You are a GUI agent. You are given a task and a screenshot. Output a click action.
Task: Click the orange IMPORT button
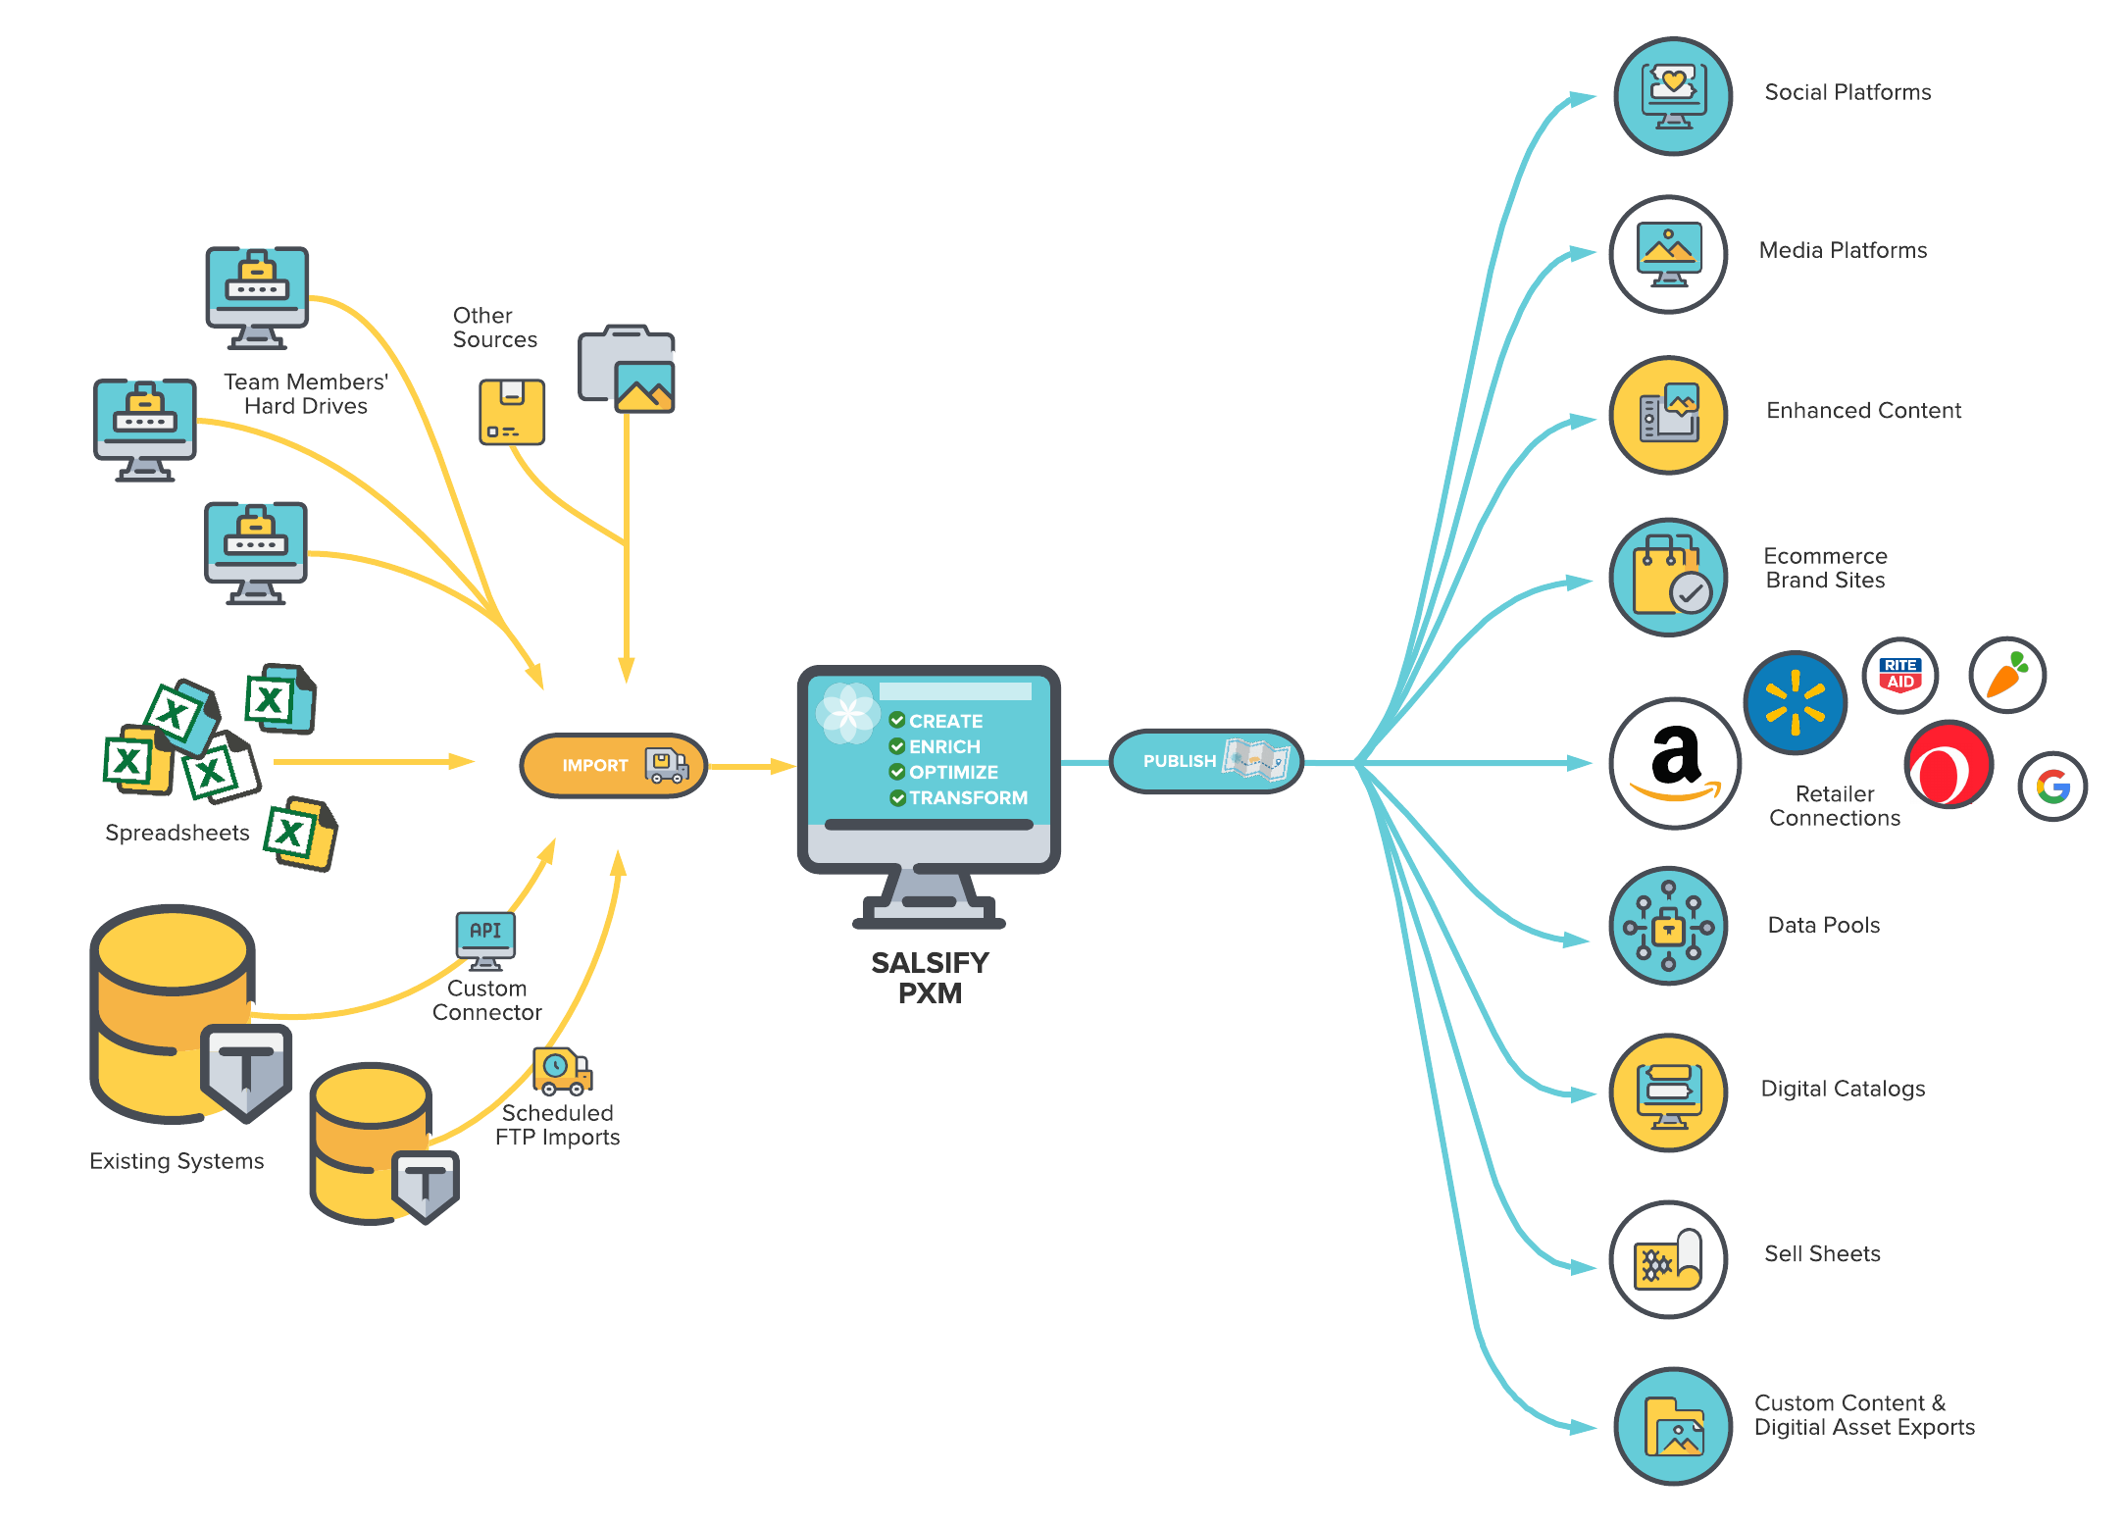point(613,765)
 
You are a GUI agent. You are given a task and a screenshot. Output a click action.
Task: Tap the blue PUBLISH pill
point(1205,761)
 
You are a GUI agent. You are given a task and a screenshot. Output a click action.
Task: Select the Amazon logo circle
point(1675,763)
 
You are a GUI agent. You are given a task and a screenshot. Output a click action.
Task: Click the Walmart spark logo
point(1795,702)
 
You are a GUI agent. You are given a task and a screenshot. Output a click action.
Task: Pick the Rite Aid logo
point(1899,675)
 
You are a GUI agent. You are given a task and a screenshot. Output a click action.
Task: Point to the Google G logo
point(2052,787)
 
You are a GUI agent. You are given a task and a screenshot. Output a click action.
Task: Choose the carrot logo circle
point(2006,675)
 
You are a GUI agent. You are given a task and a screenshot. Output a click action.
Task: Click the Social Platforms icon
point(1673,96)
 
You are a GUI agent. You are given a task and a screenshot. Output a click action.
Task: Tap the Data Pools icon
point(1668,926)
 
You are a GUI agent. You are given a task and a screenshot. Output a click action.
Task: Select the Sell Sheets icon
point(1668,1259)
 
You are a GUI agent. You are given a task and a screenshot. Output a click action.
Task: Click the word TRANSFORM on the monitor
point(968,798)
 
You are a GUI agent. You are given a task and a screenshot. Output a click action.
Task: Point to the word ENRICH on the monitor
point(944,747)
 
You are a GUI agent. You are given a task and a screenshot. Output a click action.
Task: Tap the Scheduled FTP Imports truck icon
point(562,1071)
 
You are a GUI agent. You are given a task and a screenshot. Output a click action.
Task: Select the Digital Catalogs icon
point(1668,1092)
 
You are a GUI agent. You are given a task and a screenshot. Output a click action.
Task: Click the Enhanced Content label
point(1863,411)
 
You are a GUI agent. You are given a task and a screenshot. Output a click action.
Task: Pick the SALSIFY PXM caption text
point(930,978)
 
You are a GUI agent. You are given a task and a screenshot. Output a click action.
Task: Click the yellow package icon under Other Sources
point(512,412)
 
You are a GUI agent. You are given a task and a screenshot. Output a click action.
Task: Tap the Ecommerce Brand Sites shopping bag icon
point(1668,578)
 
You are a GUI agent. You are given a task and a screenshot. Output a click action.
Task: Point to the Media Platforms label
point(1843,251)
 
